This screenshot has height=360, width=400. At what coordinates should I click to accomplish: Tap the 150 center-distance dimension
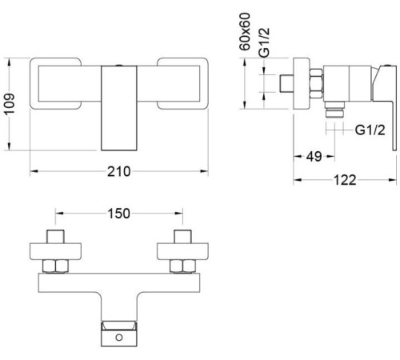[118, 214]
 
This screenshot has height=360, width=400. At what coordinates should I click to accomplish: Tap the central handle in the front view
[118, 106]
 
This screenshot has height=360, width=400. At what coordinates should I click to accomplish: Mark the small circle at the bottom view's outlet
[119, 338]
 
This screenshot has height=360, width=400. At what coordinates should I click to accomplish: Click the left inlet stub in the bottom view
[56, 237]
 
